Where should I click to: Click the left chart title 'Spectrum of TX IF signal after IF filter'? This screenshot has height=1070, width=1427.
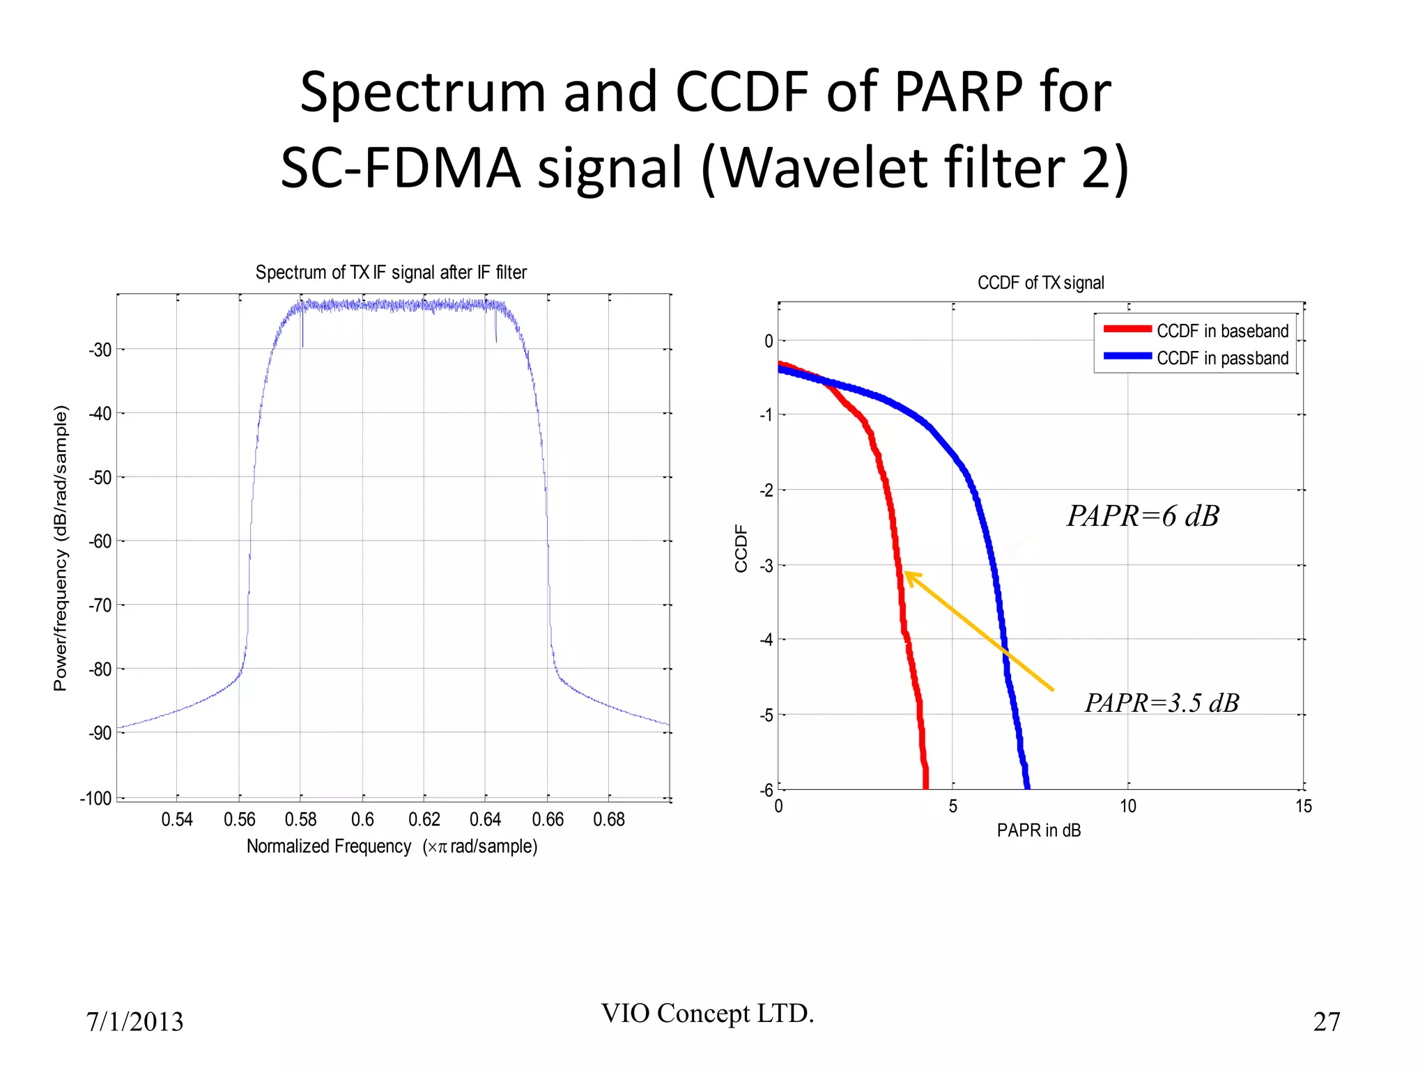click(x=391, y=272)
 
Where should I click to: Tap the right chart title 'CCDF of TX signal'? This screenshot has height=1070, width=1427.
click(x=1040, y=283)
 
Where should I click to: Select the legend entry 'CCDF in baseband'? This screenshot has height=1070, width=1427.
click(x=1222, y=331)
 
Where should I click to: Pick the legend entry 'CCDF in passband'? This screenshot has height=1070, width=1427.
click(x=1222, y=358)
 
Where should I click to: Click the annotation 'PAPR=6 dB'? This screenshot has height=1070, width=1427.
click(x=1143, y=516)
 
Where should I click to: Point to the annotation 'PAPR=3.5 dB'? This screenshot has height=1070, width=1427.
click(x=1162, y=703)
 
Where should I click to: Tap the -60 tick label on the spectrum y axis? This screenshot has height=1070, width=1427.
click(x=100, y=541)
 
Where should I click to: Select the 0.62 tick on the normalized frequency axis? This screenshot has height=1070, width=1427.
click(x=424, y=819)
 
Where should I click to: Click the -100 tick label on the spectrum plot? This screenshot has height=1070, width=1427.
click(x=96, y=798)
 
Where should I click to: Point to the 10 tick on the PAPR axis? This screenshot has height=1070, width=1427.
click(x=1128, y=807)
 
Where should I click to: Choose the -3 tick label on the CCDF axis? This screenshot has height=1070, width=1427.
click(x=766, y=566)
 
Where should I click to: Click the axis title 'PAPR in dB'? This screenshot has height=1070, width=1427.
click(x=1039, y=830)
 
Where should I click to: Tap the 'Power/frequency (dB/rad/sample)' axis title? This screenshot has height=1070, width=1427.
click(x=61, y=548)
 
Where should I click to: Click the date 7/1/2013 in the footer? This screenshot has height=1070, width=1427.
click(x=134, y=1022)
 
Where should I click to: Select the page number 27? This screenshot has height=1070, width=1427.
click(x=1327, y=1022)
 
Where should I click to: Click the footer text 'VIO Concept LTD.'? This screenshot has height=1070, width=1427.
click(x=707, y=1014)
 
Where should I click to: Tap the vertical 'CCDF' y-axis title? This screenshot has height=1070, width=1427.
click(x=741, y=549)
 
